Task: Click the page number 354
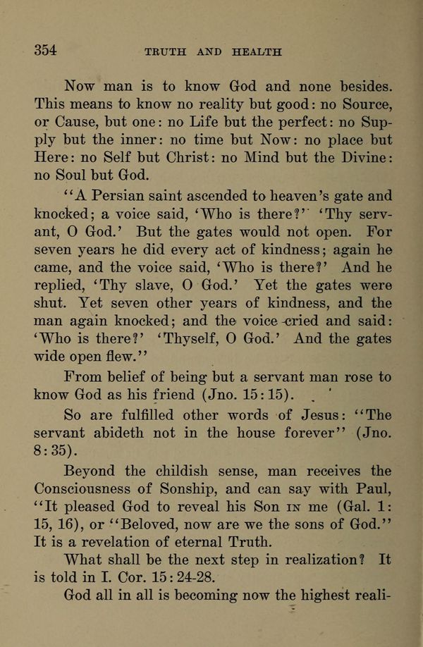point(44,50)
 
